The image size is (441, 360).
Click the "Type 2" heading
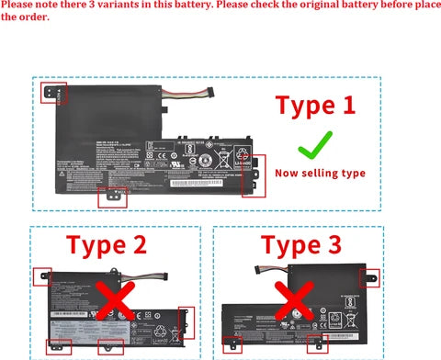[x=106, y=245]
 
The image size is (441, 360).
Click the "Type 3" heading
[x=300, y=245]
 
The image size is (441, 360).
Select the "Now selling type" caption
[x=320, y=173]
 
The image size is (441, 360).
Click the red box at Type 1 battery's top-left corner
[x=53, y=93]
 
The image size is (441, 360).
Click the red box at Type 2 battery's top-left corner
[x=42, y=276]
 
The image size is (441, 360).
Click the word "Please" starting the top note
[x=18, y=6]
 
